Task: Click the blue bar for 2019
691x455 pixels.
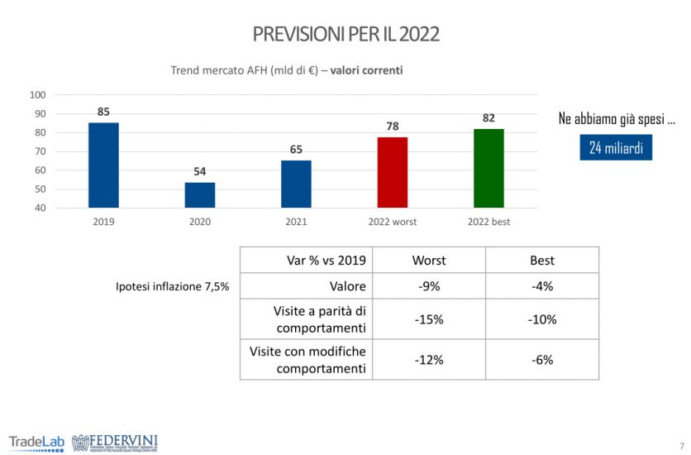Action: pos(103,165)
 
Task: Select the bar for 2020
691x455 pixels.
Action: pos(199,194)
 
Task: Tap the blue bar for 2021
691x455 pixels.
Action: pos(296,184)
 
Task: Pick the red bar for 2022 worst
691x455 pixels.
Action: pos(393,172)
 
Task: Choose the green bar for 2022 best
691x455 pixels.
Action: pos(488,168)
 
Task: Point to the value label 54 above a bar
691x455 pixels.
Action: pos(199,171)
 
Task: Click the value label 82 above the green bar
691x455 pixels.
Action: pos(488,118)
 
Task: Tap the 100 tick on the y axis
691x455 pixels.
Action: pos(37,95)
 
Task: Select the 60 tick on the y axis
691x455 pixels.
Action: pos(40,170)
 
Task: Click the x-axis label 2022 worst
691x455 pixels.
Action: pos(393,222)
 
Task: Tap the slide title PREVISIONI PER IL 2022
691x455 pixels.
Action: pos(345,34)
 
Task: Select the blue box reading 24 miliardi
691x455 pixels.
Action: pos(616,148)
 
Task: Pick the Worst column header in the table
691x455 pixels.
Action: pos(428,260)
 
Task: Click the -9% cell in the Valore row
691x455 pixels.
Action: pos(428,286)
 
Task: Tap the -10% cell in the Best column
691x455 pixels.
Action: pos(541,319)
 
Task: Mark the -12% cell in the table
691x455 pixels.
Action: pos(428,360)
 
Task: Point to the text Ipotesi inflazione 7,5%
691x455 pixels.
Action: pos(172,286)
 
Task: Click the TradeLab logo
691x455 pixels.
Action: pos(37,441)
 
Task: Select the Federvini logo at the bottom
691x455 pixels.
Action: pos(115,442)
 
